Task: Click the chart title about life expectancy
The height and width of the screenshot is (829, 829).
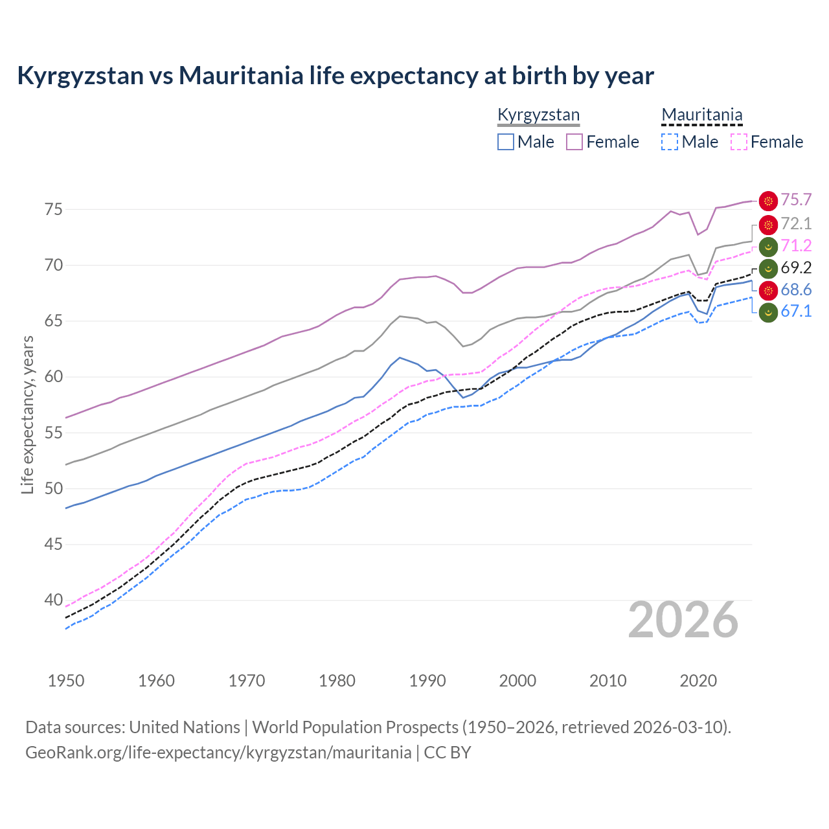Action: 335,76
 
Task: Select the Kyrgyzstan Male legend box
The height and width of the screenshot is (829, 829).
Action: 506,142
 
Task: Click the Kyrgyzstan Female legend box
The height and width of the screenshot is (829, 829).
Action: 574,142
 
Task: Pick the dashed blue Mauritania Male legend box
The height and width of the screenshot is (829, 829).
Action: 670,142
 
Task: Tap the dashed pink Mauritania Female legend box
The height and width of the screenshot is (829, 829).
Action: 739,142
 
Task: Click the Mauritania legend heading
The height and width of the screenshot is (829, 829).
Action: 701,115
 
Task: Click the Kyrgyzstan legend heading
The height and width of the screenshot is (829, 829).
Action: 538,115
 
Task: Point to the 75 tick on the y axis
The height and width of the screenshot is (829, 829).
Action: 54,210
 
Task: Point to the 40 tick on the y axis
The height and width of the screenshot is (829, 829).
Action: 54,600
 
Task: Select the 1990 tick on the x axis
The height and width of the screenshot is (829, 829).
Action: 427,681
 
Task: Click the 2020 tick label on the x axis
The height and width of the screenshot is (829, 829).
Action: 698,681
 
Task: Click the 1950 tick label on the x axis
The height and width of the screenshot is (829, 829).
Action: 66,681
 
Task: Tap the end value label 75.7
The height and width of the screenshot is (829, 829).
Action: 796,200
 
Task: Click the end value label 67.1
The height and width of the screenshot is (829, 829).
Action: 796,312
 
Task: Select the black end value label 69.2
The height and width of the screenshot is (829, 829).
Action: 796,268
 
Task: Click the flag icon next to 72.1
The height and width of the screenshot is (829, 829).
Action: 768,225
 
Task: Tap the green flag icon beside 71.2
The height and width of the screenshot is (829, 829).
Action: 768,247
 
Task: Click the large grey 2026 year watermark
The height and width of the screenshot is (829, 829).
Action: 683,620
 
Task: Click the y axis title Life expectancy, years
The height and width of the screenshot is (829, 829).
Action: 28,414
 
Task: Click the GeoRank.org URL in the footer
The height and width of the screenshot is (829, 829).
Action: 218,753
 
